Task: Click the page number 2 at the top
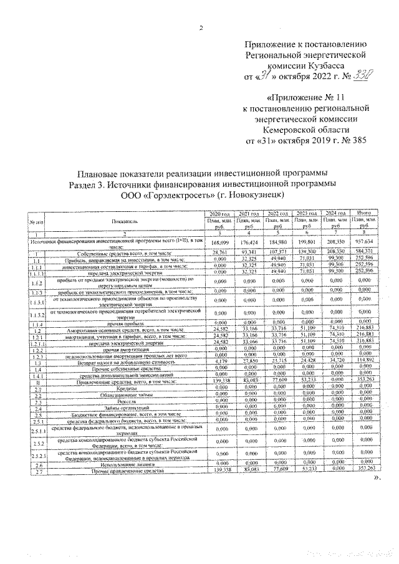(x=201, y=27)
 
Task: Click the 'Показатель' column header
(x=112, y=221)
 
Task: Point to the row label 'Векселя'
(x=112, y=401)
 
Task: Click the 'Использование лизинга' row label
(x=112, y=464)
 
